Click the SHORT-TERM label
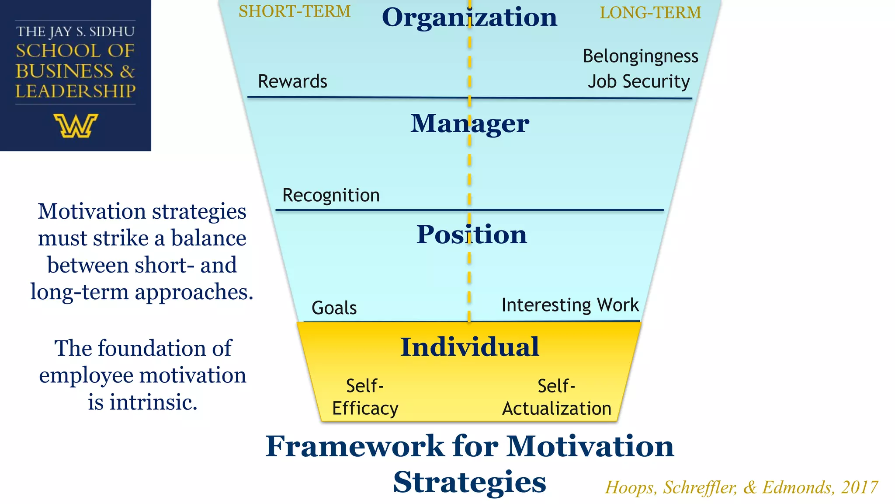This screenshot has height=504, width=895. pyautogui.click(x=295, y=11)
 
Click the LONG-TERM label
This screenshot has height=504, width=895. pyautogui.click(x=650, y=13)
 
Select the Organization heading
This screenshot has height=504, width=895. pyautogui.click(x=469, y=17)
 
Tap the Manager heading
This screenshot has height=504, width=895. pyautogui.click(x=469, y=123)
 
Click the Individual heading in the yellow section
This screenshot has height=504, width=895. pyautogui.click(x=469, y=347)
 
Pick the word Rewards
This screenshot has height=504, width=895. pyautogui.click(x=292, y=81)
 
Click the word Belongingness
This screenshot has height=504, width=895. pyautogui.click(x=640, y=56)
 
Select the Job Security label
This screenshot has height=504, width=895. pyautogui.click(x=638, y=82)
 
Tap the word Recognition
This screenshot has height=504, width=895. pyautogui.click(x=331, y=195)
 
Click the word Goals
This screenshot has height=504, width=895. pyautogui.click(x=334, y=308)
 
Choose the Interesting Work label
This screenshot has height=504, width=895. pyautogui.click(x=570, y=305)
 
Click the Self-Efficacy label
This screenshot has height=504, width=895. pyautogui.click(x=365, y=397)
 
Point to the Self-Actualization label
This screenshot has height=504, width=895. pyautogui.click(x=556, y=397)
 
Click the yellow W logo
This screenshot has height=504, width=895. pyautogui.click(x=76, y=126)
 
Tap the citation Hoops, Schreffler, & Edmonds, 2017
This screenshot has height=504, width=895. pyautogui.click(x=741, y=487)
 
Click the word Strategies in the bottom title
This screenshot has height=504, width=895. pyautogui.click(x=469, y=482)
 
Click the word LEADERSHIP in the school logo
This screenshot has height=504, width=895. pyautogui.click(x=76, y=91)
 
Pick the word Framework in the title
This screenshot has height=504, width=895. pyautogui.click(x=354, y=446)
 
